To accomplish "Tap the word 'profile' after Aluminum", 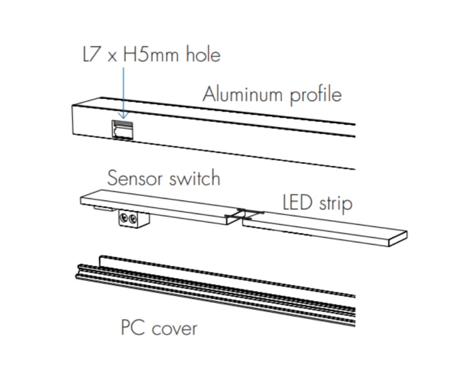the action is point(316,96).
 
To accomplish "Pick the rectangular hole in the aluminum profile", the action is point(123,129).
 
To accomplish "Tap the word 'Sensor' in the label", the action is point(135,178).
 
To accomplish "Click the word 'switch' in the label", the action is point(194,178).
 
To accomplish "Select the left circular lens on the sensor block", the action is point(123,217).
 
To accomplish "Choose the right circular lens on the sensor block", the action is point(132,219).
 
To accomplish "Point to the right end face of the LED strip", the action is point(398,239).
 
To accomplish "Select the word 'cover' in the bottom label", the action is point(174,329).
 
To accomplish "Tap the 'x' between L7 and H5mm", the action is point(112,57).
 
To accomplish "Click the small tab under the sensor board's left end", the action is point(104,208).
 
